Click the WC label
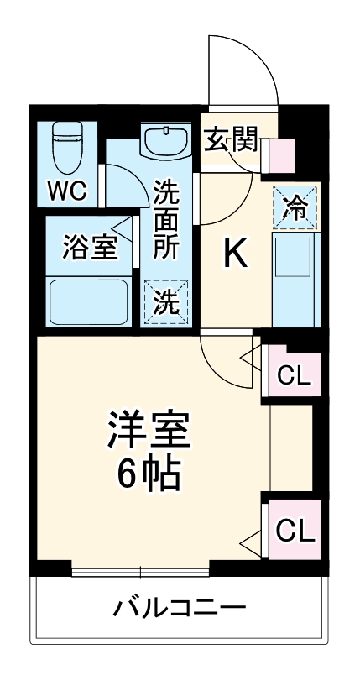pos(66,191)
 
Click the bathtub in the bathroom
pos(87,301)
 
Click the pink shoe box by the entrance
pos(282,155)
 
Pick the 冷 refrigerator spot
pos(295,206)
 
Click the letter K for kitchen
pos(235,254)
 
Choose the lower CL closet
pos(295,530)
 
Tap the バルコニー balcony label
pos(180,607)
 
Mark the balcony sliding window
pos(140,573)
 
